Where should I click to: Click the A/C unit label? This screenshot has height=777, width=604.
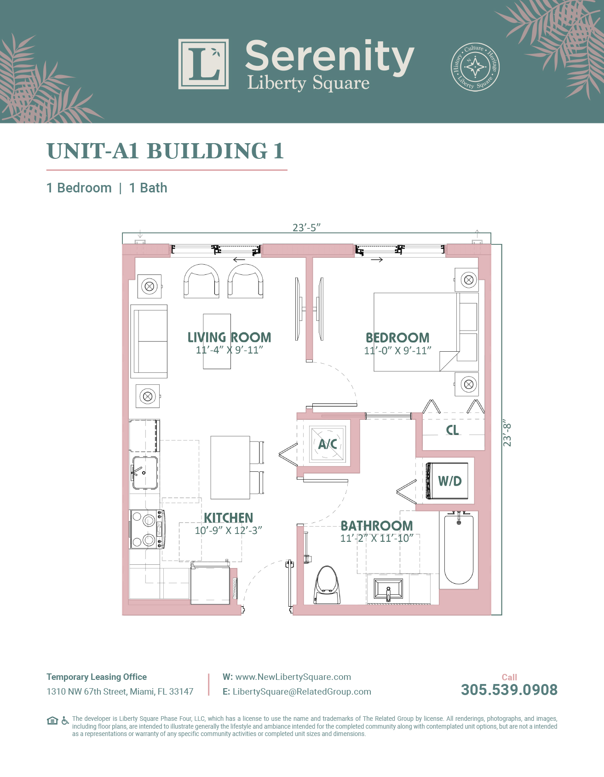point(328,444)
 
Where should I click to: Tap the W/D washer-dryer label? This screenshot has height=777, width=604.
point(449,481)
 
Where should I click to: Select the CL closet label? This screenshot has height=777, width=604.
point(453,430)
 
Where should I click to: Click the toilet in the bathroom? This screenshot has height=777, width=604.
point(328,585)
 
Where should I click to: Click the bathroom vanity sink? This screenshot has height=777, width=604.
point(389,589)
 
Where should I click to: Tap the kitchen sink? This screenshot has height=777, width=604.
point(145,473)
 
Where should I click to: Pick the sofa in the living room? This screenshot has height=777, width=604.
point(149,341)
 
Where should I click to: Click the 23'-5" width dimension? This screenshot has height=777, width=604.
point(306,227)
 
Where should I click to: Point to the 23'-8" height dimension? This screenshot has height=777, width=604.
point(507,433)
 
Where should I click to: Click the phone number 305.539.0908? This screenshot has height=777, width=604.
point(509,690)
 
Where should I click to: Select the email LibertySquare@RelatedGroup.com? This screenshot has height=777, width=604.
point(302,691)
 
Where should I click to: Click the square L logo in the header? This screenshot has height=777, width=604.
point(204,64)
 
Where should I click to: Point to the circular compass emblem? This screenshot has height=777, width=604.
point(475,67)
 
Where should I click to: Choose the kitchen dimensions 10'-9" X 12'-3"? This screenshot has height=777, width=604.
point(228,530)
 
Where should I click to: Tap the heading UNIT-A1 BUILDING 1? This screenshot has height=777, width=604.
point(165,151)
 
